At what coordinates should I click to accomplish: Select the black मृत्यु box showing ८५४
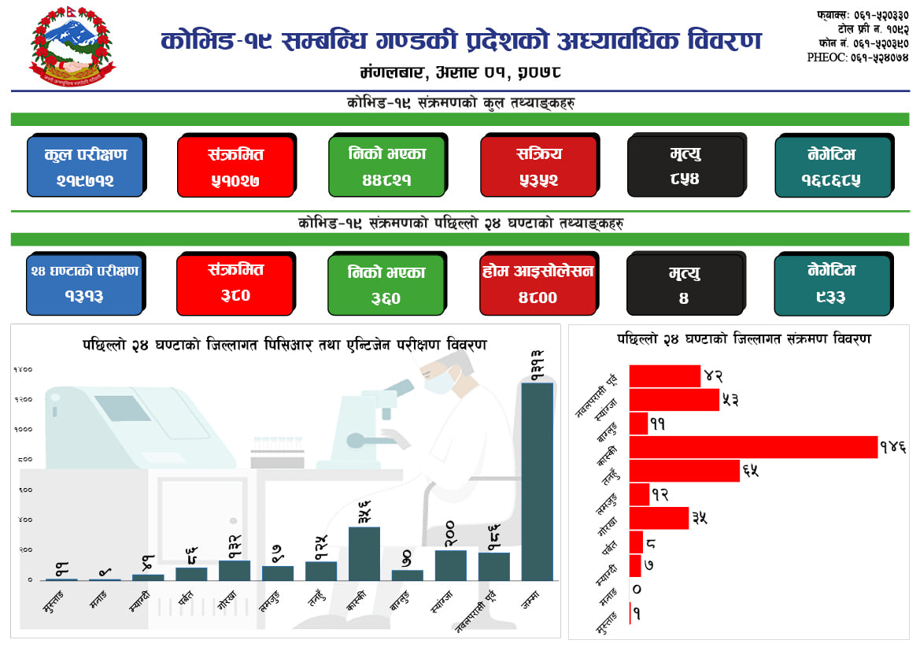click(685, 167)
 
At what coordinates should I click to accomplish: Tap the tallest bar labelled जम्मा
click(538, 481)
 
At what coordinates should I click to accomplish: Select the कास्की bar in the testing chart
click(364, 553)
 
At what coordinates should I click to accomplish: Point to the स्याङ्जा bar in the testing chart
click(451, 564)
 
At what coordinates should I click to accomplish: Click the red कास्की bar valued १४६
click(752, 446)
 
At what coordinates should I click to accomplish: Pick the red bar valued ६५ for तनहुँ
click(684, 471)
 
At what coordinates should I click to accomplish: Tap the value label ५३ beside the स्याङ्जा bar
click(730, 400)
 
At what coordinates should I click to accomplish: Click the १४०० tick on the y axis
click(22, 369)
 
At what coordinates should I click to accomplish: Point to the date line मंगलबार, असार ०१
click(460, 73)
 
